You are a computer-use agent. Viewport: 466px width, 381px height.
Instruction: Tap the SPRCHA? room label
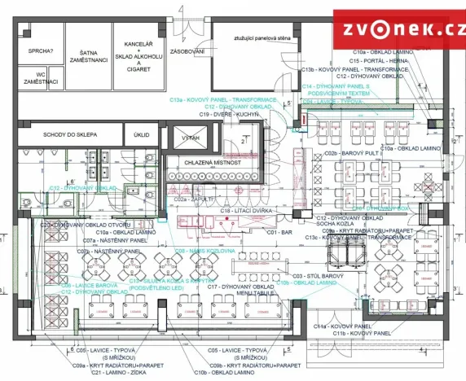[x=40, y=50]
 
